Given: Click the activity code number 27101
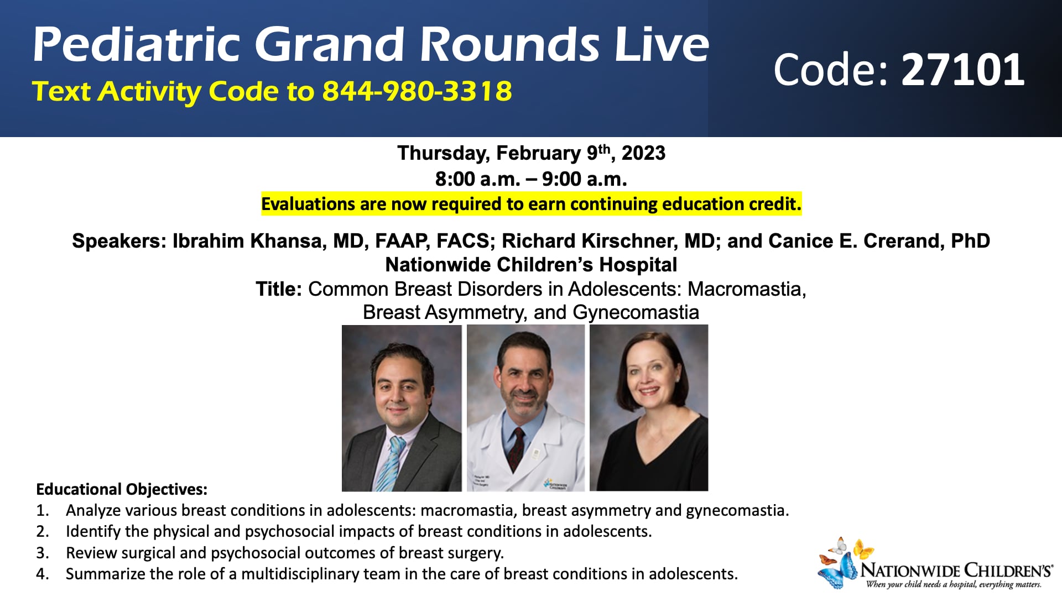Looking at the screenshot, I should pos(962,70).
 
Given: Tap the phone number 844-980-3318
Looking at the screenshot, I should pos(417,91).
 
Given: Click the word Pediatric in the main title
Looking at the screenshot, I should pos(136,44).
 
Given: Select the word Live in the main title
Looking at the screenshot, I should pos(661,44).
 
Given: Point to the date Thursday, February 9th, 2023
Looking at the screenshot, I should pos(531,153).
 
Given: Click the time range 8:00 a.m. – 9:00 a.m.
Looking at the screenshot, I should pos(531,179).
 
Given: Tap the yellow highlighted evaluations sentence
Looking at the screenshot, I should pos(531,204).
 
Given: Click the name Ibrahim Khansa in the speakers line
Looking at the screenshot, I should pos(249,241).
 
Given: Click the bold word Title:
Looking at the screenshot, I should pos(278,289).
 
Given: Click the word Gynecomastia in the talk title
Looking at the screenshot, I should pos(636,313).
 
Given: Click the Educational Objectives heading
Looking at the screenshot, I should pos(122,490).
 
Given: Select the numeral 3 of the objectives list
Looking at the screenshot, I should pos(41,553).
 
